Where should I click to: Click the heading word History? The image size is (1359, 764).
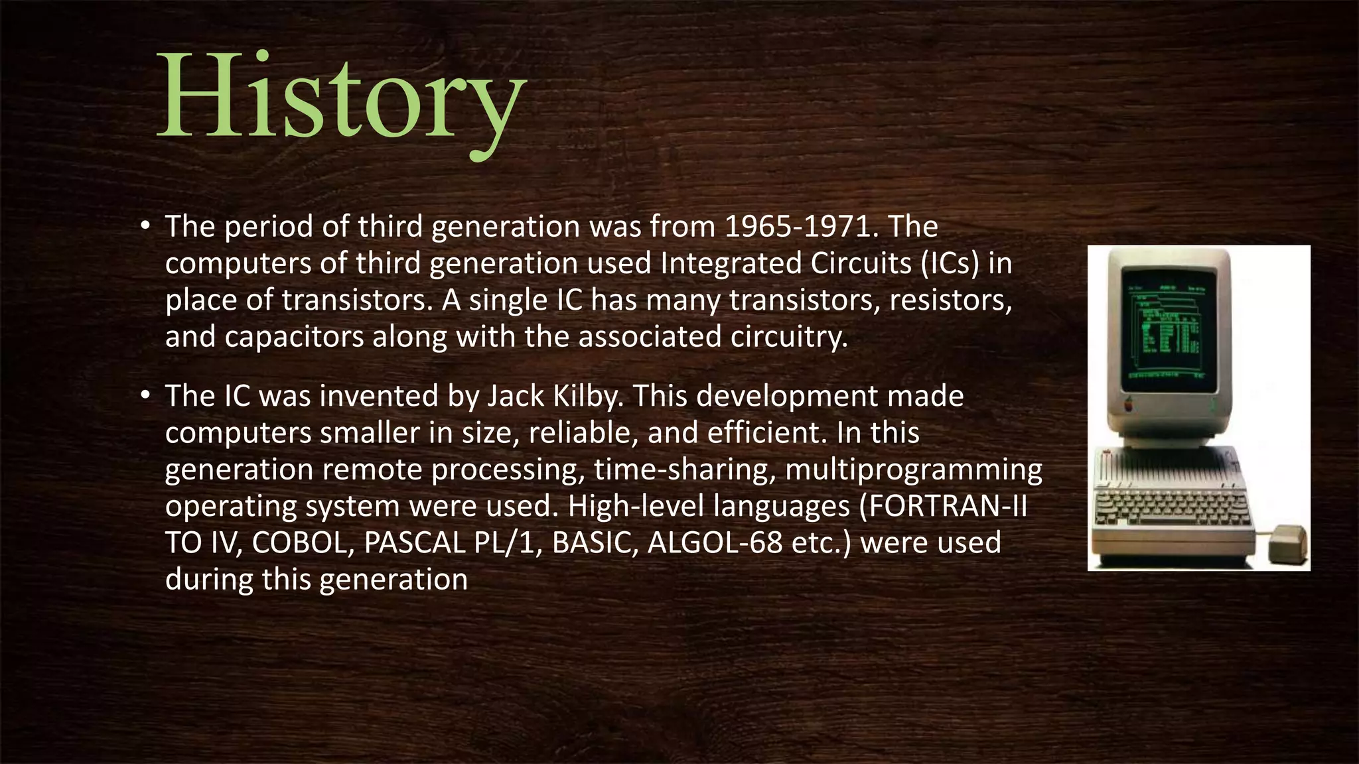point(342,99)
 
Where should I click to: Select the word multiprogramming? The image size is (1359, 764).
point(914,470)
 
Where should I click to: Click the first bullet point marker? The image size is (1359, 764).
point(146,226)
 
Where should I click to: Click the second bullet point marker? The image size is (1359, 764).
point(146,395)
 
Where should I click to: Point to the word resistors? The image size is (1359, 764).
point(950,300)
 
